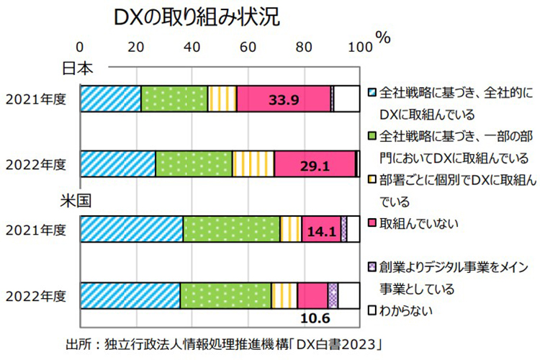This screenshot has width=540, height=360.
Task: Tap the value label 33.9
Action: point(284,99)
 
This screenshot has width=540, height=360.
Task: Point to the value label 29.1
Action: point(315,165)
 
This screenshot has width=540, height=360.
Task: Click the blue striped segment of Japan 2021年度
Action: point(110,99)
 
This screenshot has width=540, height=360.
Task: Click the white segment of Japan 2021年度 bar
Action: point(347,99)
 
